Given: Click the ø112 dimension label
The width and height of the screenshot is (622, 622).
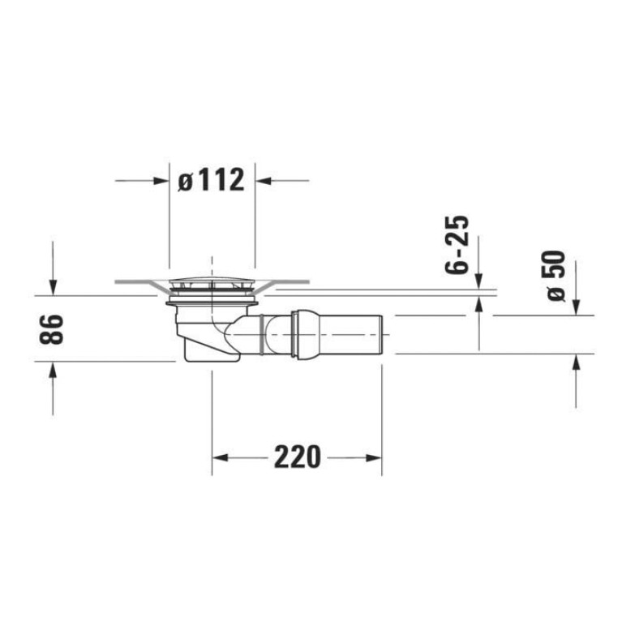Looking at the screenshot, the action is click(211, 181).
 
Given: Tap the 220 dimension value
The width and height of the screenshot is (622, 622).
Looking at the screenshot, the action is click(297, 457).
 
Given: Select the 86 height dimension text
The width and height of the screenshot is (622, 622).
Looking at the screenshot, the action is click(52, 329).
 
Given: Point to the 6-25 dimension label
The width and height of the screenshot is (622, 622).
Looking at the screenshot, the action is click(457, 245).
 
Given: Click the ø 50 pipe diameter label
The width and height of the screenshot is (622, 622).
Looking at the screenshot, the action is click(556, 276).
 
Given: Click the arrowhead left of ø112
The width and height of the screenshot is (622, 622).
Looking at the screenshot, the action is click(161, 181).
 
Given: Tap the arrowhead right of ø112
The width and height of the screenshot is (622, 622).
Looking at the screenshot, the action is click(263, 181).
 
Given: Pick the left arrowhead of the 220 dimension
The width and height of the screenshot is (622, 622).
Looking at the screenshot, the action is click(220, 457).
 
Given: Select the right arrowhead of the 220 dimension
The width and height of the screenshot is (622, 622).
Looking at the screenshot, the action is click(373, 457).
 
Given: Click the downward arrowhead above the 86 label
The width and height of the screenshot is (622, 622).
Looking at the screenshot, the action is click(53, 287).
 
